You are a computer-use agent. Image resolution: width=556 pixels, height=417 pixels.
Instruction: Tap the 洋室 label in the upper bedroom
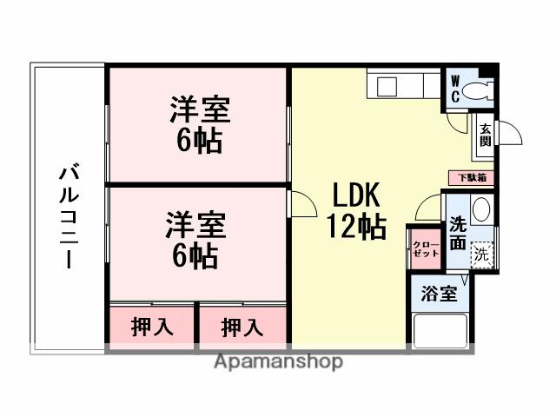(x=198, y=111)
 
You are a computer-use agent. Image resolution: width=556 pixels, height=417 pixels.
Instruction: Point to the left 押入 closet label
(x=151, y=328)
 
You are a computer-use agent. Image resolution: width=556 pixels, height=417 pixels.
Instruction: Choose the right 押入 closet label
(x=242, y=328)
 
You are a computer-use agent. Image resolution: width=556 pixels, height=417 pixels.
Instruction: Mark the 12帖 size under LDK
(x=356, y=228)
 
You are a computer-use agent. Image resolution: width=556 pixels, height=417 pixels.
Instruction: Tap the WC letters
(x=454, y=89)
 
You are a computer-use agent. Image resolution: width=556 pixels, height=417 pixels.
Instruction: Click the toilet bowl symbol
(x=476, y=90)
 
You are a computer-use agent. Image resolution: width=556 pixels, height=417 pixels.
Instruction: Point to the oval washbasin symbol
(x=484, y=212)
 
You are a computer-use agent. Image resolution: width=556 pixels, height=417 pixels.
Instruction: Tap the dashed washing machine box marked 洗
(x=480, y=255)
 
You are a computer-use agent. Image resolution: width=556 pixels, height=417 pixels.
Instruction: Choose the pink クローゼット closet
(x=424, y=248)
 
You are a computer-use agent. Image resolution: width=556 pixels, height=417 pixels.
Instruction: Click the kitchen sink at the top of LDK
(x=386, y=86)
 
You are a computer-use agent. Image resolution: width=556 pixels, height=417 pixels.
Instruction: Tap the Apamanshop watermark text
(x=278, y=361)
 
